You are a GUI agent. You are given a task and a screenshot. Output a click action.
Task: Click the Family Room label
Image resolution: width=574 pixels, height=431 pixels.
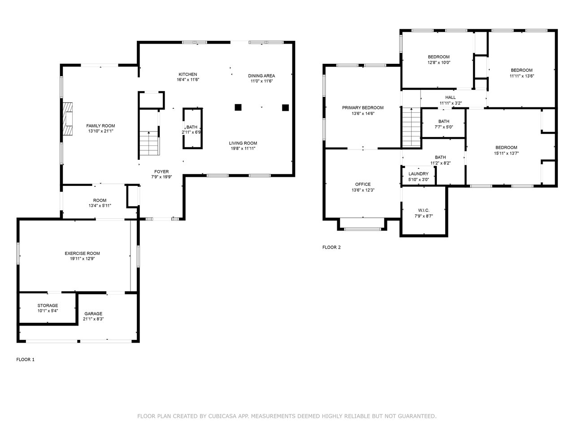pos(100,126)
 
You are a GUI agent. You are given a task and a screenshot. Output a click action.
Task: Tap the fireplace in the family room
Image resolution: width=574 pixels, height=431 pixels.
pos(67,119)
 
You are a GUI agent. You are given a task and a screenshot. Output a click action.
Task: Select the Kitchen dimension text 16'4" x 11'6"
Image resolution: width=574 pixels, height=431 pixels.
pos(188,79)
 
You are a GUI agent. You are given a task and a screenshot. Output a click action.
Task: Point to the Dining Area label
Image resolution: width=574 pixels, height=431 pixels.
pos(261,76)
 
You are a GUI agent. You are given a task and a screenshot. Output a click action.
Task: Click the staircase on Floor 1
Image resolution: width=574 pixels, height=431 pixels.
pos(149,143)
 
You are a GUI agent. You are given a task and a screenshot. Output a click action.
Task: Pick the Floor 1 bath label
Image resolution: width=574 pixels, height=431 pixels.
pos(191,127)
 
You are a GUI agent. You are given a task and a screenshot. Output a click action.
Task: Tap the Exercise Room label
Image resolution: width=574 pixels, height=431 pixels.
pos(83,253)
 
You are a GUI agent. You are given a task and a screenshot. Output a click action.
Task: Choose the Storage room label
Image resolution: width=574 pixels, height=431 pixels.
pos(48,305)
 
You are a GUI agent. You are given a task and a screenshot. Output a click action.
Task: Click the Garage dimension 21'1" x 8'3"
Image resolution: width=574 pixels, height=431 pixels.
pos(93,319)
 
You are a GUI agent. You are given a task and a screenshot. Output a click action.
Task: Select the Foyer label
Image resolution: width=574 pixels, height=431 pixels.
pos(161,172)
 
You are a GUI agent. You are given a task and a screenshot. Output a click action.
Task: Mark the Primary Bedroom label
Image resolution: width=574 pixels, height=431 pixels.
pos(363,108)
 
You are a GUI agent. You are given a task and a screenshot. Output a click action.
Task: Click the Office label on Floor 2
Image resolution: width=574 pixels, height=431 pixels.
pos(363,184)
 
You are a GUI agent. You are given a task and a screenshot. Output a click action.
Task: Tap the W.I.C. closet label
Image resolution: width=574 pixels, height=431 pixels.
pos(424,211)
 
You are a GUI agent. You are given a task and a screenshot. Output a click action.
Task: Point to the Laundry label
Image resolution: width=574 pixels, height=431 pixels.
pos(418,174)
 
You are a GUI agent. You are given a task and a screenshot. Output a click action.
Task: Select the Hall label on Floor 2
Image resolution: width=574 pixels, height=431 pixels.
pos(451,97)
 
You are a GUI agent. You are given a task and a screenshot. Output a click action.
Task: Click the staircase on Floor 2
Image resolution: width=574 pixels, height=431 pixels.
pos(412,128)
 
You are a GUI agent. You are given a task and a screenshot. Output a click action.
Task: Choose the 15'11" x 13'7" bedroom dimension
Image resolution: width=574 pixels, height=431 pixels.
pos(506,154)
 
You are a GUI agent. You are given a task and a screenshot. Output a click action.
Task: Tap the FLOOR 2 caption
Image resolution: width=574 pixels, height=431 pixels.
pos(331,247)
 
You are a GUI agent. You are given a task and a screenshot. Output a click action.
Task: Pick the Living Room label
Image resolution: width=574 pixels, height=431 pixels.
pos(243,143)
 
